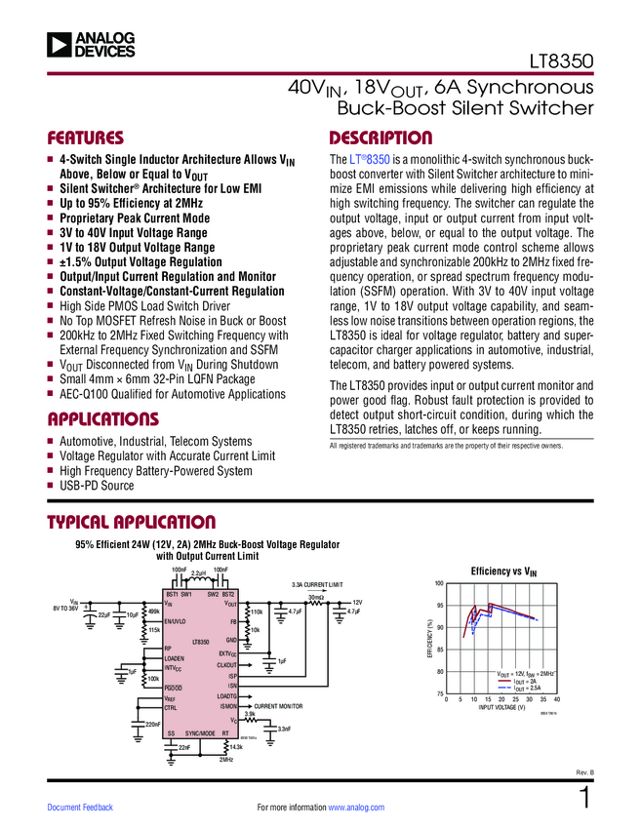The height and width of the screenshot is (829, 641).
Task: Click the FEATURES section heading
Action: [86, 138]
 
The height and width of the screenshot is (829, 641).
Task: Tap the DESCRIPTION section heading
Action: [381, 138]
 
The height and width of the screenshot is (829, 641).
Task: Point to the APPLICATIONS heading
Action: [102, 420]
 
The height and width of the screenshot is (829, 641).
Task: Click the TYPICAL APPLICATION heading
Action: [132, 523]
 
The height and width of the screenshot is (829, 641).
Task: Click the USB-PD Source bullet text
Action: [97, 486]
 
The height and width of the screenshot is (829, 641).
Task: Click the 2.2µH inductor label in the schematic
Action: [198, 573]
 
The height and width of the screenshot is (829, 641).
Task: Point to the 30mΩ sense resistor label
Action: [315, 597]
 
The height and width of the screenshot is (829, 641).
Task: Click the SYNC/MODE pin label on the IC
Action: [200, 732]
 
